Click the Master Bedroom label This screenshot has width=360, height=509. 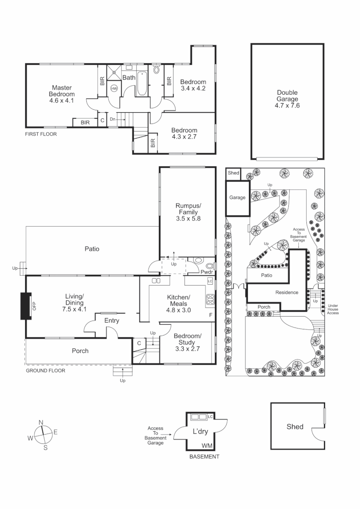click(x=61, y=94)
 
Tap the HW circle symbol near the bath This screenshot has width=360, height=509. click(x=114, y=88)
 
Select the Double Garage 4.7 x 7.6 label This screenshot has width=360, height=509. click(x=287, y=99)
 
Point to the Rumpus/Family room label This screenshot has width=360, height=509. click(x=188, y=212)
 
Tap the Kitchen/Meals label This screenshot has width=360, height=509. click(x=179, y=304)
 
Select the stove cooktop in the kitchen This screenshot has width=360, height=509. click(x=209, y=299)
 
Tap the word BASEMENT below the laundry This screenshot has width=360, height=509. click(x=204, y=457)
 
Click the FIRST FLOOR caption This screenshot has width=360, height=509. click(x=41, y=134)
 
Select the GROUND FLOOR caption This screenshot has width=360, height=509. click(x=45, y=371)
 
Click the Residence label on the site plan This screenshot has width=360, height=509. click(x=286, y=292)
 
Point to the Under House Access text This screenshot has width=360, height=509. click(x=333, y=309)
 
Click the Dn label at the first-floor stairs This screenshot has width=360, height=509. click(x=113, y=119)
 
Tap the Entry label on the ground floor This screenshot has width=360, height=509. click(x=112, y=320)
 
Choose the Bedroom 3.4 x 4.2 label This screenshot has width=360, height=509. click(x=193, y=85)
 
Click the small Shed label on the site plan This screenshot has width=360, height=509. click(x=233, y=173)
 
